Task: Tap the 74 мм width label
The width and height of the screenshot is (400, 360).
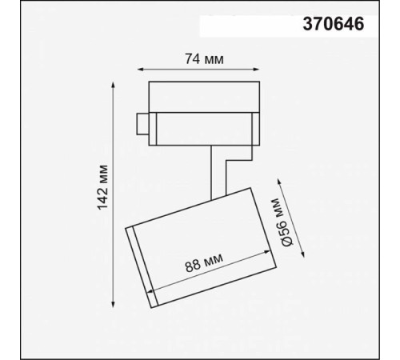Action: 202,58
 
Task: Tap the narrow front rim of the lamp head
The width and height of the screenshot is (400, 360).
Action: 140,267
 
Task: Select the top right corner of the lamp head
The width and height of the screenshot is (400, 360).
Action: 250,189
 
